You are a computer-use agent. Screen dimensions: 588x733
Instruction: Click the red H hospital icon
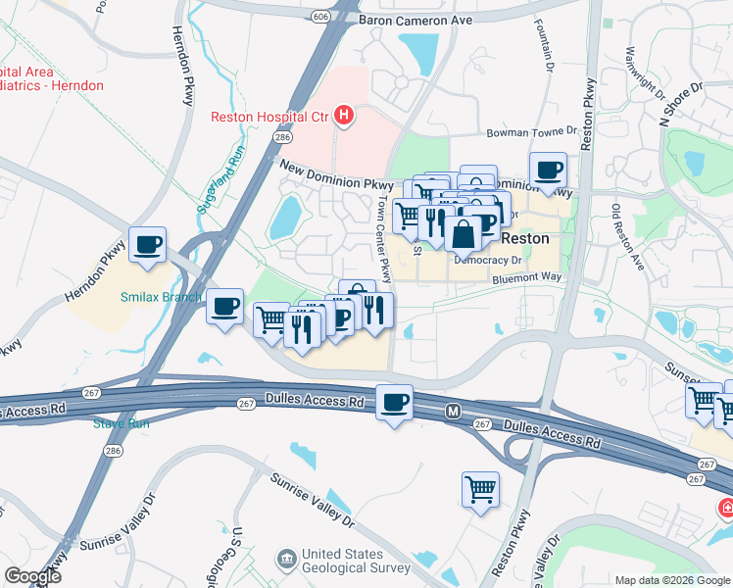[343, 117]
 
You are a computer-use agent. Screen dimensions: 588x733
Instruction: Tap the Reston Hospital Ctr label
[269, 117]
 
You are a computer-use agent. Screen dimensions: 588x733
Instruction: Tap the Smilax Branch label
[161, 297]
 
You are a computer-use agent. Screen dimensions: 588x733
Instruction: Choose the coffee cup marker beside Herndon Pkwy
[148, 245]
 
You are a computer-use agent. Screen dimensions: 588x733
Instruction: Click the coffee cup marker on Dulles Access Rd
[395, 403]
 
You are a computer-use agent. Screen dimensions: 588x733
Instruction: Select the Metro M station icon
[453, 410]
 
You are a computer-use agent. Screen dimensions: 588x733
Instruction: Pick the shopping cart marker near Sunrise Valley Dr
[480, 489]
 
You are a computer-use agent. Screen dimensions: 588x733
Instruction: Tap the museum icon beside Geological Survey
[287, 560]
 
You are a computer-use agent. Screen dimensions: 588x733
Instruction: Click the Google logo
[32, 576]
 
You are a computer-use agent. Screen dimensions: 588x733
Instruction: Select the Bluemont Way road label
[527, 277]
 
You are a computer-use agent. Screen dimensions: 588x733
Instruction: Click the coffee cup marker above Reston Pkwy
[549, 170]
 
